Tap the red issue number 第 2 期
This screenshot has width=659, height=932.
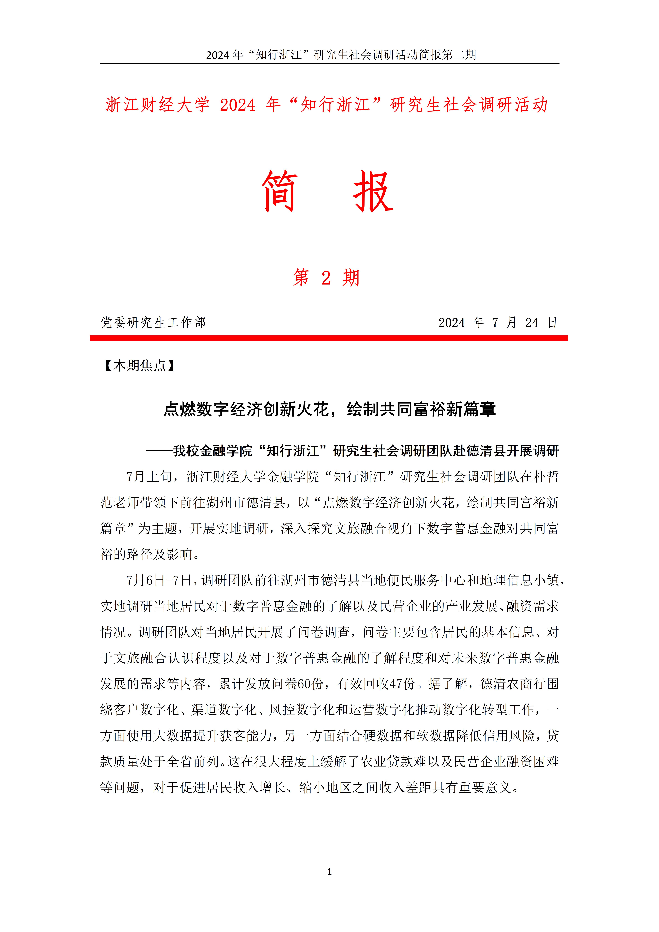[x=326, y=278]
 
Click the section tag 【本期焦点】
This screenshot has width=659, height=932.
[x=139, y=366]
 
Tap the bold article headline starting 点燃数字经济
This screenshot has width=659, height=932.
[x=329, y=409]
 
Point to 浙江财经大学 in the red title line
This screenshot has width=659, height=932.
[x=157, y=105]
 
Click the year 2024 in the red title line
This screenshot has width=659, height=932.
[x=237, y=105]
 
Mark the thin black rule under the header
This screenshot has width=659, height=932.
[x=329, y=64]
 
